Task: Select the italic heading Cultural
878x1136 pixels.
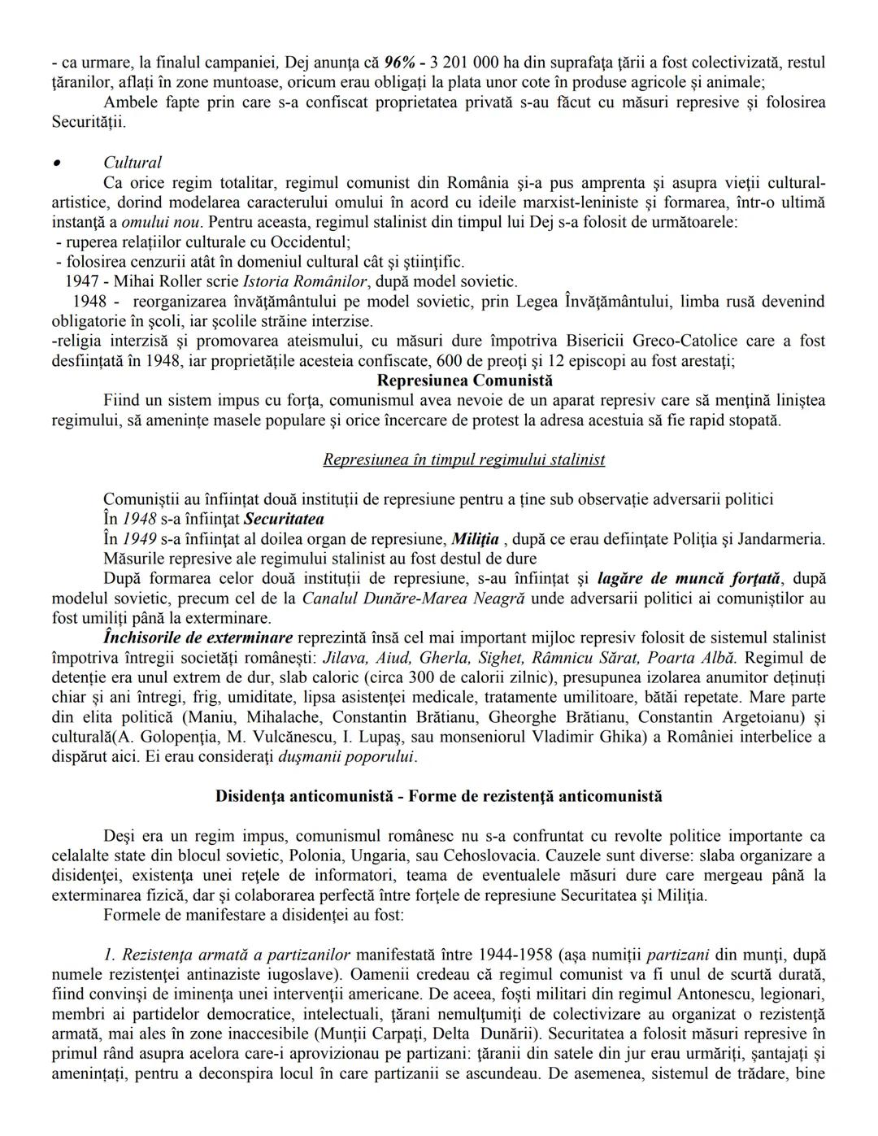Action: click(133, 163)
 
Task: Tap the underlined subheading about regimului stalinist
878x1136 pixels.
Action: click(463, 459)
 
